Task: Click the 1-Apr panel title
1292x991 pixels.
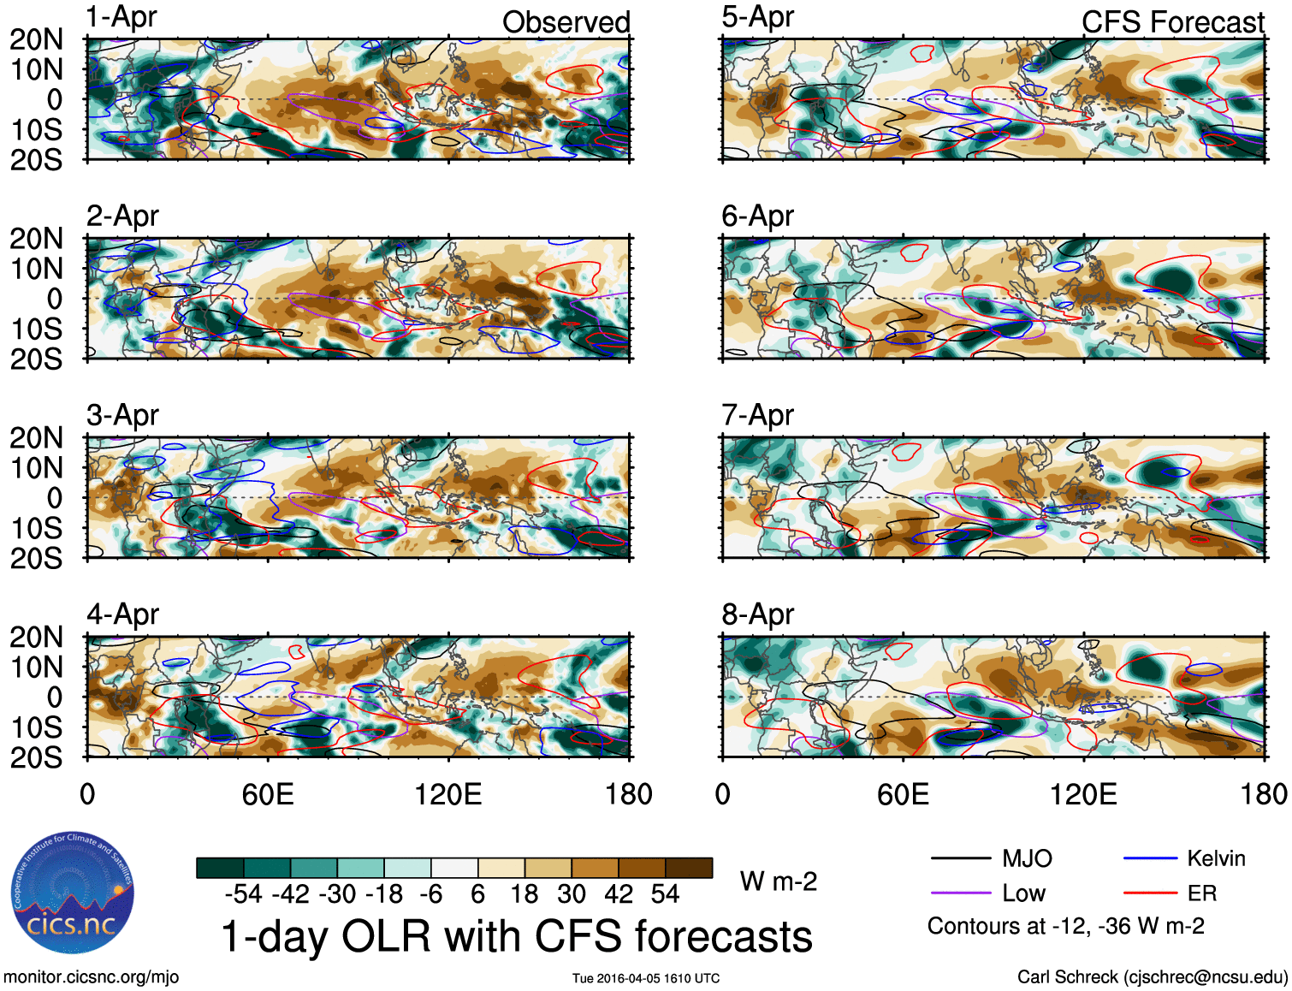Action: [121, 17]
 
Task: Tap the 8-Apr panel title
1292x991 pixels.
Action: [757, 614]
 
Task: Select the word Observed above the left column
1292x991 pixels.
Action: [566, 22]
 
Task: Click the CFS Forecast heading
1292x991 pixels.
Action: [1172, 22]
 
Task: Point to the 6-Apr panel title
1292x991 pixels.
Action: [757, 216]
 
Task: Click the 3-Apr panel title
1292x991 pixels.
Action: [122, 415]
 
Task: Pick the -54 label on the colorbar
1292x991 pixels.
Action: [243, 894]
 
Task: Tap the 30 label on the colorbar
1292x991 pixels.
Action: [572, 894]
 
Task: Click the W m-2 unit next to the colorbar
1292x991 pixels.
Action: [778, 881]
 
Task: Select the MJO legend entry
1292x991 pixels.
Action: [1027, 858]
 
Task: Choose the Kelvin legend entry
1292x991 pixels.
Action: [1216, 858]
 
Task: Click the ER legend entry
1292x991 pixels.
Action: [1201, 893]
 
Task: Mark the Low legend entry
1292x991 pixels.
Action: [1023, 893]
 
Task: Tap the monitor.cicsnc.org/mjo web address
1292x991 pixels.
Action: [91, 977]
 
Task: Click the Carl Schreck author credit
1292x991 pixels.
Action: [1152, 977]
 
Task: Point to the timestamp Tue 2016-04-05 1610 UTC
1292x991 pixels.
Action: [646, 978]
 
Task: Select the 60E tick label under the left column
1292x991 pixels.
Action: [268, 794]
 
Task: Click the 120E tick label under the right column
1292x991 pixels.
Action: [1083, 794]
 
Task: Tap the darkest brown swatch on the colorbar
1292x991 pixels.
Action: [689, 868]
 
